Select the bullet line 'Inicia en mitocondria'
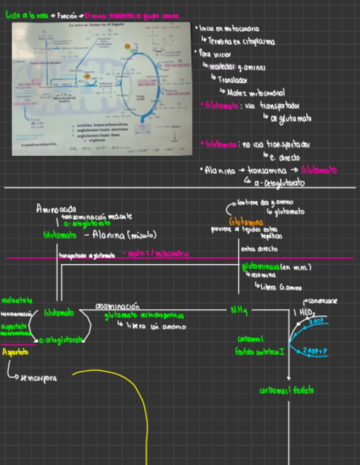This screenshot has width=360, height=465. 230,29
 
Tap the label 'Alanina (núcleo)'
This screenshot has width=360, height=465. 125,235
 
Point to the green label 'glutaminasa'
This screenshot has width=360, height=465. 261,267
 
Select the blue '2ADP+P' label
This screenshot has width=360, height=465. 316,350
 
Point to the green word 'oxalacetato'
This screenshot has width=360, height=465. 16,300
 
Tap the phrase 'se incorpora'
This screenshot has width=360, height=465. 38,378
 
